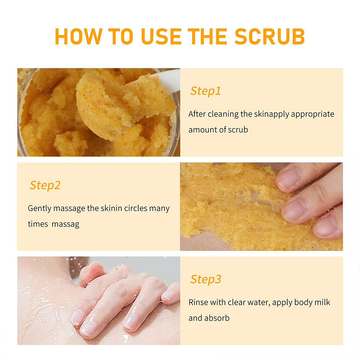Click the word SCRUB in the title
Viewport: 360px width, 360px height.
270,36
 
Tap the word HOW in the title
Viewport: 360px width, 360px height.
78,36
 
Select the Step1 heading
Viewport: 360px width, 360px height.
206,91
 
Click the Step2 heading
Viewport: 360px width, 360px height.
45,185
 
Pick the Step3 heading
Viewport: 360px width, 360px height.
206,280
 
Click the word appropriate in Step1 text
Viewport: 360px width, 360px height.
312,114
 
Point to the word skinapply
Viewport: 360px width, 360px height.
271,114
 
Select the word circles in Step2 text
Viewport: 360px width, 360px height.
136,208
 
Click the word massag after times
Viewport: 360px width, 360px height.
66,224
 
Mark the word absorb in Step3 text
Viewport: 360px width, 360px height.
217,318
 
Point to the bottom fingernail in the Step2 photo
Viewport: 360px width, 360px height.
325,226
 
